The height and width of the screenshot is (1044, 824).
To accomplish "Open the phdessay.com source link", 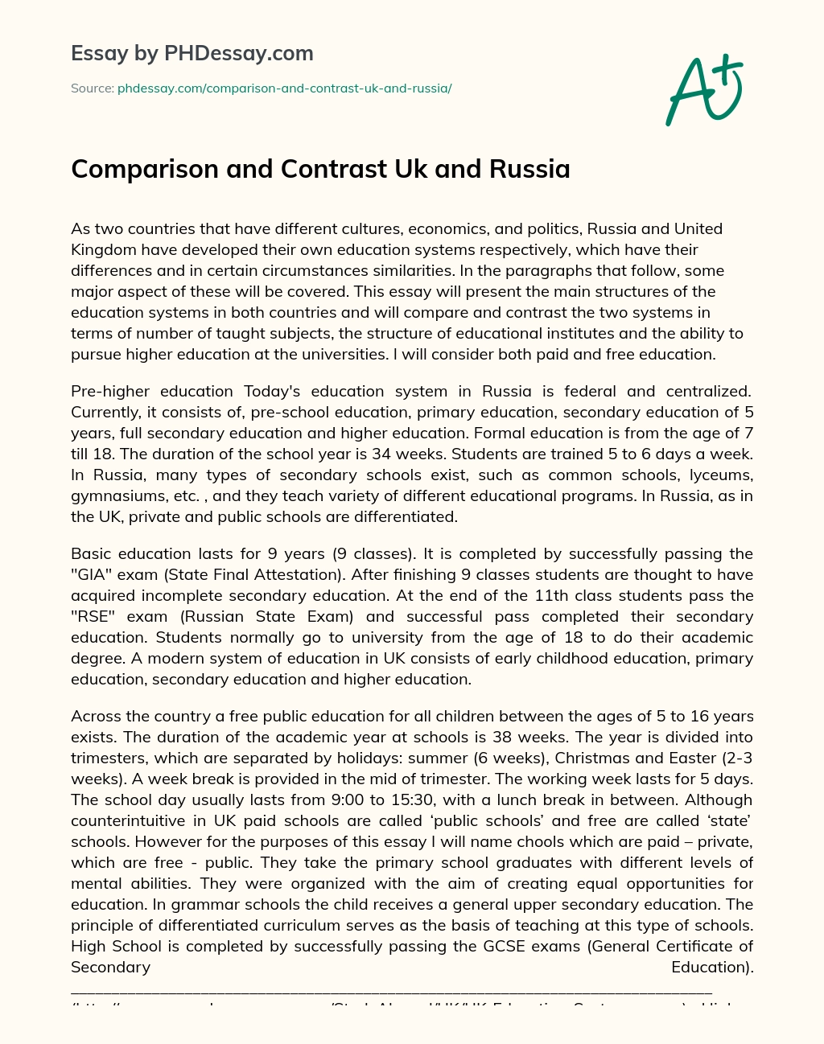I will [284, 88].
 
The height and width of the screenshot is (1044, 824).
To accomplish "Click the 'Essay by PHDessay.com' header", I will [192, 54].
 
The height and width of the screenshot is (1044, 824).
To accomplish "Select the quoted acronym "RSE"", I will [92, 617].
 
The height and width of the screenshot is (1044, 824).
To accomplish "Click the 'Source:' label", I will [93, 88].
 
